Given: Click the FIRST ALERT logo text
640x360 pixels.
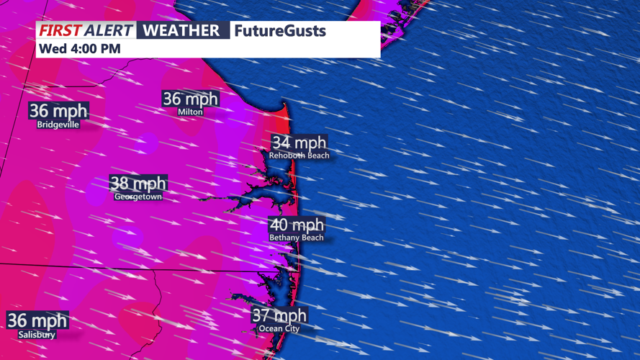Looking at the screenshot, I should [86, 31].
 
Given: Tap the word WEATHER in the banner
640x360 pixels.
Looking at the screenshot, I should [181, 31].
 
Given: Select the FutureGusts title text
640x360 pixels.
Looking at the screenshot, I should [280, 31].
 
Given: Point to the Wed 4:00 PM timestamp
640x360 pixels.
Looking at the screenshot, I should [79, 49].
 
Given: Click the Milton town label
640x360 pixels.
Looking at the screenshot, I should [190, 112].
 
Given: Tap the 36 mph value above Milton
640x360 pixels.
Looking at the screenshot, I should [191, 99].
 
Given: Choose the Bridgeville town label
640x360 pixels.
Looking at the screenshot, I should [58, 124].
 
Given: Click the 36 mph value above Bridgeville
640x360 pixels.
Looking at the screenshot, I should [58, 111].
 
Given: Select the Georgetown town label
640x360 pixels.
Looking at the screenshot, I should [138, 196].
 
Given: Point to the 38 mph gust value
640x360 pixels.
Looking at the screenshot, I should [138, 184].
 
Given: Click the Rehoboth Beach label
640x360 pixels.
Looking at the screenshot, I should [299, 155].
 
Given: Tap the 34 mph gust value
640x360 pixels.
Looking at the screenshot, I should [299, 143].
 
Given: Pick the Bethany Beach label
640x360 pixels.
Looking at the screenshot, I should [297, 238].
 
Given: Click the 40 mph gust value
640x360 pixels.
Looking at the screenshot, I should [297, 225].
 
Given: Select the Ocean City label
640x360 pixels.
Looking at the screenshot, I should [279, 328].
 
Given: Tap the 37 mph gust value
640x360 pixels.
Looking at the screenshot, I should [279, 315].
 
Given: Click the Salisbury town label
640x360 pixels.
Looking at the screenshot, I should [37, 334].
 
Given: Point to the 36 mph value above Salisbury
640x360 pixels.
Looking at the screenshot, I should [37, 320].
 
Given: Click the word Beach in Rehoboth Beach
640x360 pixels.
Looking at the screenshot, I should [317, 155].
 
